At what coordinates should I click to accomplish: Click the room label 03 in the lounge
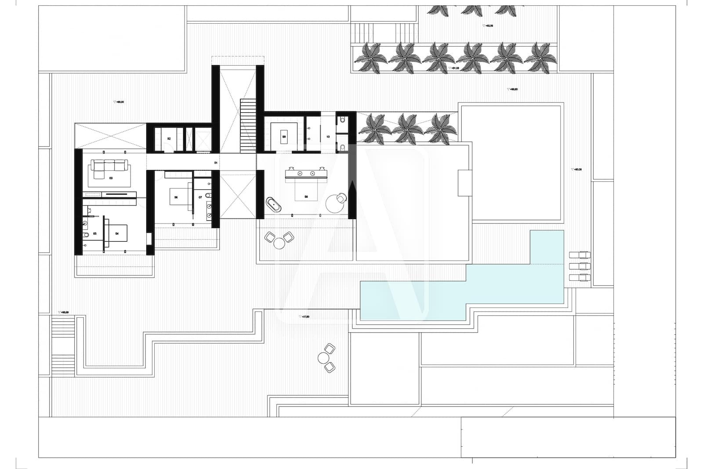coord(111,178)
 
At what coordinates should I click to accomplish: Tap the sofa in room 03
coord(110,166)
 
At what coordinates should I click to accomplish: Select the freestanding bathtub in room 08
coord(273,205)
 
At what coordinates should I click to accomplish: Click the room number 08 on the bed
coord(306,197)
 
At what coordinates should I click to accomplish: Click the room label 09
coord(284,137)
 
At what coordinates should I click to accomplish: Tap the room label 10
coord(328,137)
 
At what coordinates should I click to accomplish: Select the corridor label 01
coord(216,163)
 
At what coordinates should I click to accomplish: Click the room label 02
coord(169,139)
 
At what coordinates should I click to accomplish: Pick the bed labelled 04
coord(117,234)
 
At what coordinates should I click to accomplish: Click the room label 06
coord(176,197)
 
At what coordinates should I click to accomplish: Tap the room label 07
coord(200,197)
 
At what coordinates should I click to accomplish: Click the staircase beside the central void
coord(248,125)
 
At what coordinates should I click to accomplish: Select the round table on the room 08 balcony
coord(279,243)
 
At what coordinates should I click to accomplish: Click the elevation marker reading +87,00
coord(304,317)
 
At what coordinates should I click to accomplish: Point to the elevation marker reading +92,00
coord(488,26)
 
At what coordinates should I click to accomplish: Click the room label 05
coord(94,234)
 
